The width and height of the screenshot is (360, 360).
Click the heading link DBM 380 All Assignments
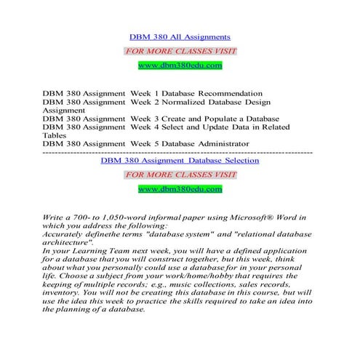pyautogui.click(x=179, y=36)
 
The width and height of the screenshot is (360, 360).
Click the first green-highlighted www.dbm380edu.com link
pyautogui.click(x=180, y=65)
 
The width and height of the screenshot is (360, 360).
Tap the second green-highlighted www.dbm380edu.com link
pyautogui.click(x=180, y=189)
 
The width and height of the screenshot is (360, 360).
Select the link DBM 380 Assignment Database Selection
pyautogui.click(x=179, y=160)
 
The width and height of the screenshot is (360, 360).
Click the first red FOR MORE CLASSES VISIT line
pyautogui.click(x=180, y=51)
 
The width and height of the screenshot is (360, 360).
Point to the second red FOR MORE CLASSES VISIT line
pyautogui.click(x=180, y=175)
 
